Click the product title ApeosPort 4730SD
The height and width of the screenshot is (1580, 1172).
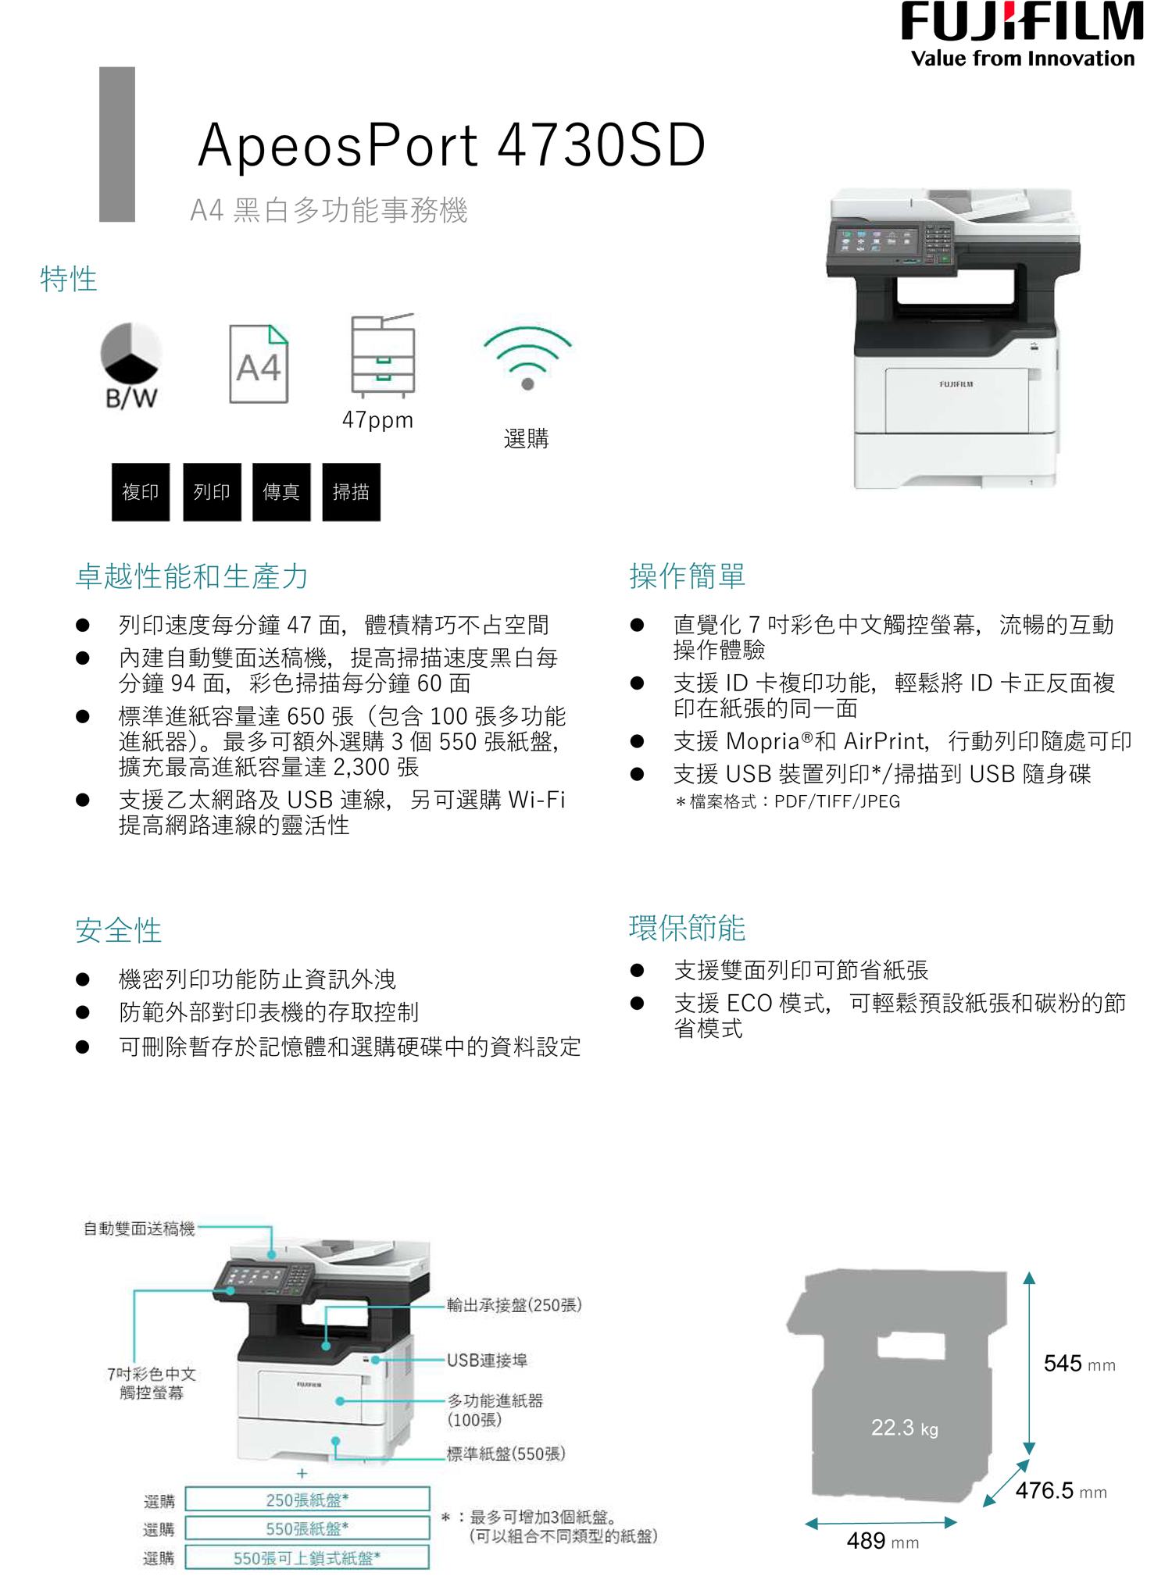(x=452, y=145)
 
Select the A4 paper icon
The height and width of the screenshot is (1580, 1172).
(x=259, y=364)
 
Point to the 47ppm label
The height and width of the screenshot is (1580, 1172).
(x=377, y=420)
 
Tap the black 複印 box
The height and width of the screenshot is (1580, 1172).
(x=141, y=492)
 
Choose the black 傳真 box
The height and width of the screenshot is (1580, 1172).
(x=281, y=492)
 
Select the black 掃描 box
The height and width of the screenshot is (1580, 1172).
(x=351, y=492)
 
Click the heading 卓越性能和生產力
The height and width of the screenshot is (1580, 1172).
(x=191, y=576)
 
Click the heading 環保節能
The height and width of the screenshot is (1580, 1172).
(x=687, y=928)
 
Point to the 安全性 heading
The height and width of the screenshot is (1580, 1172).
(x=118, y=930)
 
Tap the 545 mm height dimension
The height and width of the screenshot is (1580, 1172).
(x=1079, y=1364)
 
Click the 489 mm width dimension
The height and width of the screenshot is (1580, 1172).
(x=882, y=1541)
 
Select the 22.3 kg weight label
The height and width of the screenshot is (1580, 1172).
(x=904, y=1428)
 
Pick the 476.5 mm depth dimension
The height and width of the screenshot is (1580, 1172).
(x=1060, y=1491)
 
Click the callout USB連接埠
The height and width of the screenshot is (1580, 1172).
(x=487, y=1361)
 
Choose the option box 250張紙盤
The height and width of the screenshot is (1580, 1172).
(x=307, y=1500)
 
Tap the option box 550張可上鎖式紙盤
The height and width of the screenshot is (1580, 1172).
(x=307, y=1558)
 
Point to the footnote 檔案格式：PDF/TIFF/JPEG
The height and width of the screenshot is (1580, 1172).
(x=788, y=802)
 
